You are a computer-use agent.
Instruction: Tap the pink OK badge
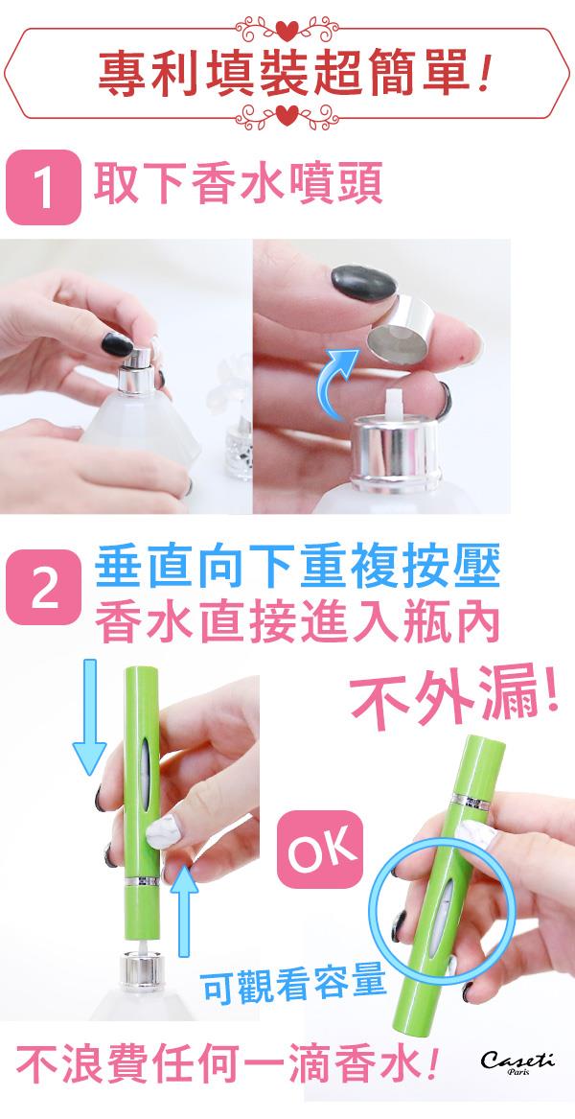click(x=319, y=850)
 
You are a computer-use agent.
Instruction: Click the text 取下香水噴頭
click(x=239, y=184)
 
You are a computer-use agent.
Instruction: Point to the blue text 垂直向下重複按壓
click(x=297, y=568)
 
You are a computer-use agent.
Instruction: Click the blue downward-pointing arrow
click(x=89, y=716)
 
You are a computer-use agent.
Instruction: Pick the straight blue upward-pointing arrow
click(x=186, y=909)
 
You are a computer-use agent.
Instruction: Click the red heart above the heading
click(x=287, y=31)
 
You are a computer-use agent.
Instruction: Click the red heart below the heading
click(x=287, y=114)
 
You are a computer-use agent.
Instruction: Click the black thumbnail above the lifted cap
click(x=364, y=281)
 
